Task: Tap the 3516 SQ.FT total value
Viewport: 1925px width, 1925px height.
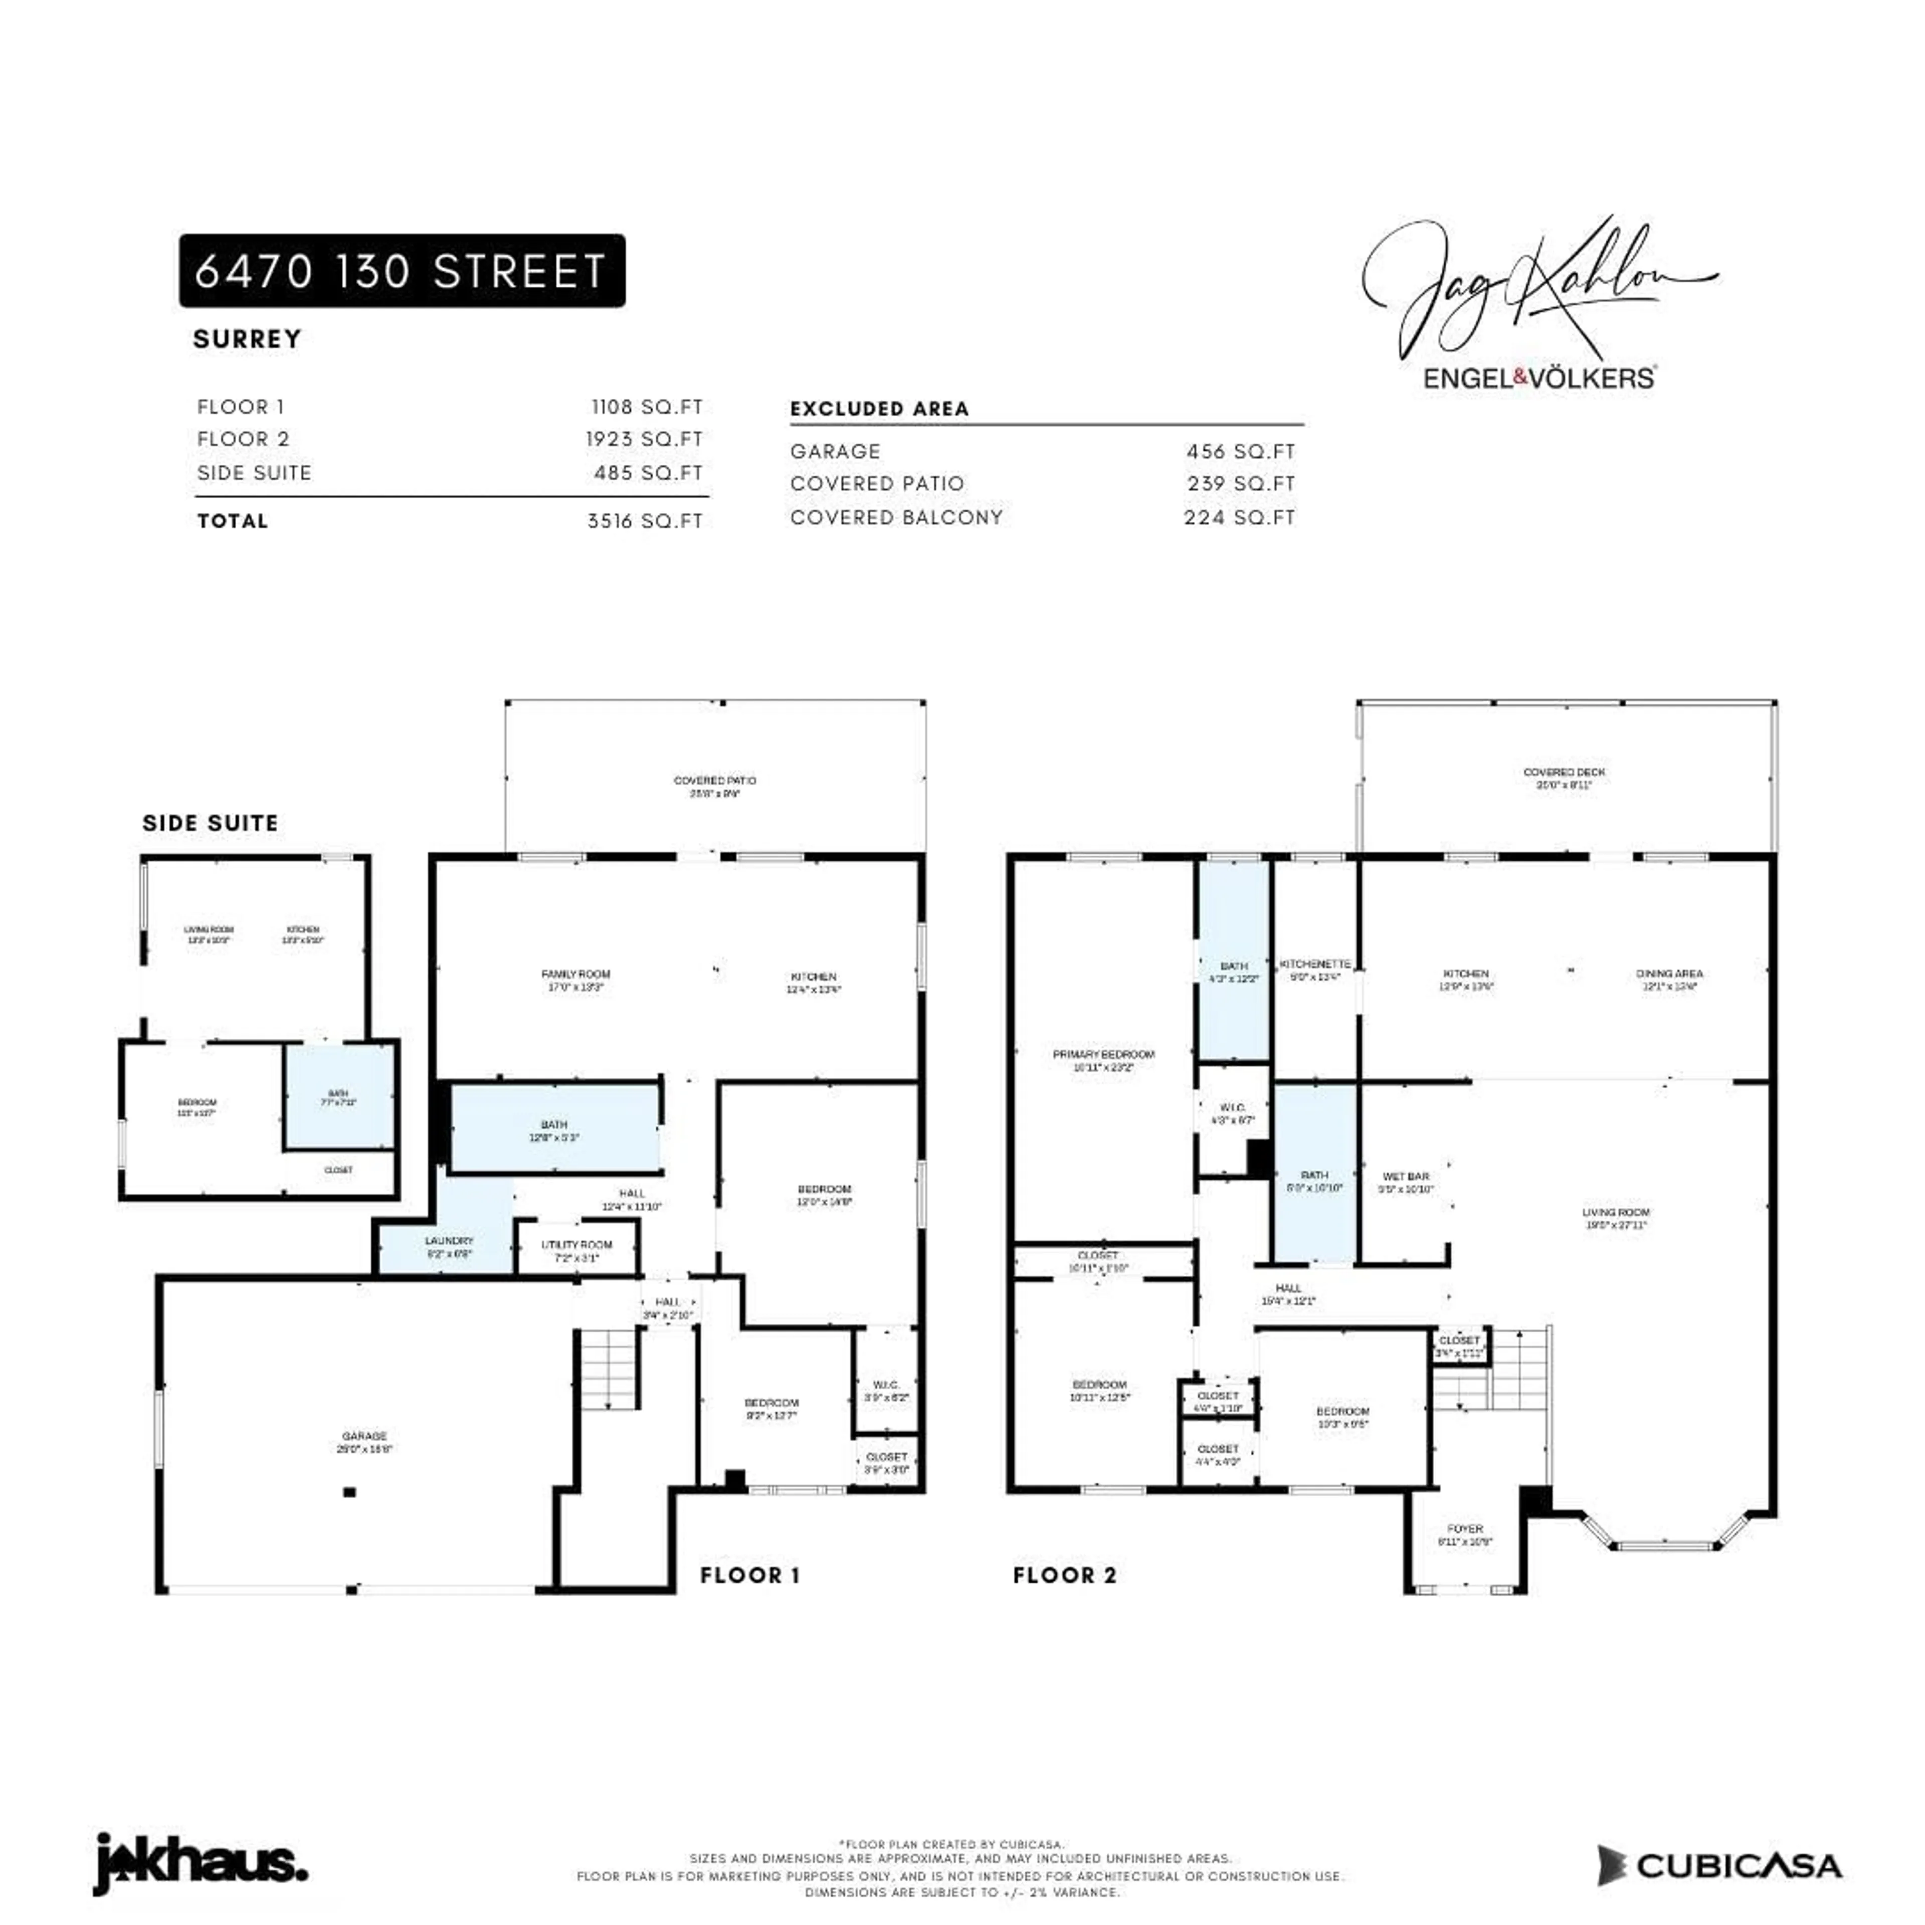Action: [x=645, y=521]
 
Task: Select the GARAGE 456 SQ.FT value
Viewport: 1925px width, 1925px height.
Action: [x=1241, y=451]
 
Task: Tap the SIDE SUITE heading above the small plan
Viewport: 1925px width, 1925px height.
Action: [x=210, y=823]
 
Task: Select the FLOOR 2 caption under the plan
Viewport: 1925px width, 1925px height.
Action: [x=1064, y=1575]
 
